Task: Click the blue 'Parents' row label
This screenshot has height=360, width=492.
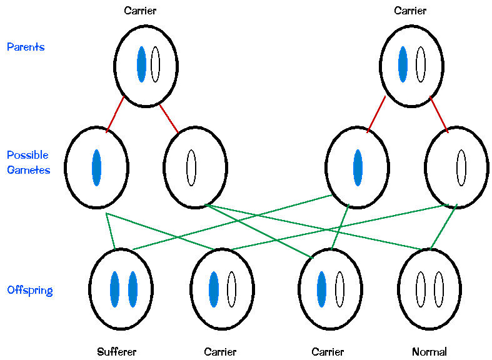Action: point(26,47)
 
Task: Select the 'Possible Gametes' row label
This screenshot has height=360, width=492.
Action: point(28,162)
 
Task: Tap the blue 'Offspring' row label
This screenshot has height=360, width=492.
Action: point(29,290)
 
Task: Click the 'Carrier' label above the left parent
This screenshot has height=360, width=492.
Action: point(140,11)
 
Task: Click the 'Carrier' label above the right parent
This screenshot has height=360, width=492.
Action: point(410,11)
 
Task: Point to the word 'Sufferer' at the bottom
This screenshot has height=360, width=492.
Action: point(117,352)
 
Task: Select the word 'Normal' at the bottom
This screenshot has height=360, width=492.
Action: point(429,352)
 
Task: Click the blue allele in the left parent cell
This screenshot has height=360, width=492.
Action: point(142,64)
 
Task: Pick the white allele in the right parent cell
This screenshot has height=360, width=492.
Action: point(421,64)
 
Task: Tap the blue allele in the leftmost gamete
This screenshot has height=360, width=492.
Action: point(96,167)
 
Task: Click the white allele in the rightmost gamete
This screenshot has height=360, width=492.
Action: point(461,167)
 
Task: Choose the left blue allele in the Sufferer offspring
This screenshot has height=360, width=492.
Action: point(114,289)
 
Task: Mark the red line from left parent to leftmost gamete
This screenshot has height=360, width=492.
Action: point(115,114)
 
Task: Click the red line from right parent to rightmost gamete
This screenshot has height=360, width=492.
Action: point(438,114)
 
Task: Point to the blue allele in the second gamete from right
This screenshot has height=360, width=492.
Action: point(358,167)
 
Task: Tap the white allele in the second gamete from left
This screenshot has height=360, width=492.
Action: point(191,167)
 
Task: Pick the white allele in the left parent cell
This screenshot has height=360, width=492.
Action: point(155,64)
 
